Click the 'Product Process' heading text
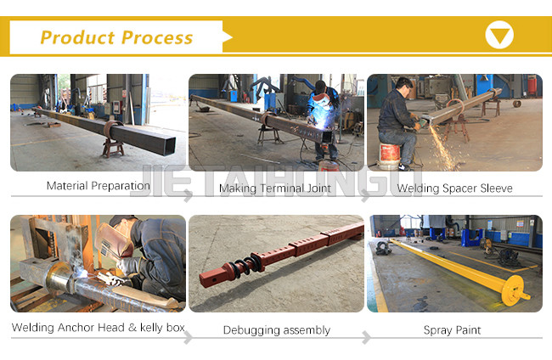116,37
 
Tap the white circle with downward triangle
499,35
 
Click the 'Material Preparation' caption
99,186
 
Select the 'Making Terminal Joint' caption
275,188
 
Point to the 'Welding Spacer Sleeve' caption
454,188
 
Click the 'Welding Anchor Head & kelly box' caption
99,328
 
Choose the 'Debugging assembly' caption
277,330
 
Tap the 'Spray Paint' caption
452,330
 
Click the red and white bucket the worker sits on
389,156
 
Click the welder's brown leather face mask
114,240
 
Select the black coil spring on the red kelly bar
247,264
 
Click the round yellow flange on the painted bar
512,290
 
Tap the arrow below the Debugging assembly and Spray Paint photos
367,337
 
